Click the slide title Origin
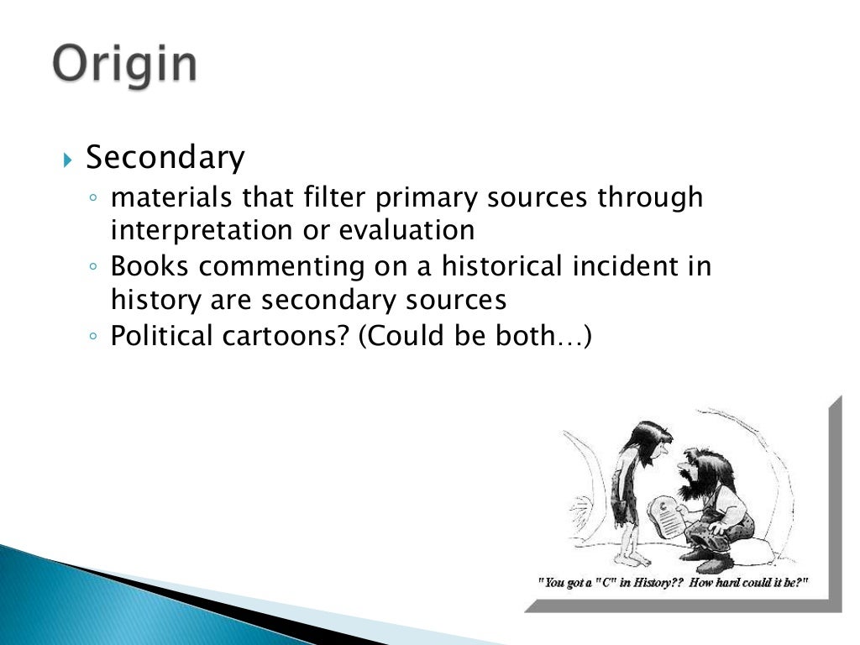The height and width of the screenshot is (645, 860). [x=125, y=64]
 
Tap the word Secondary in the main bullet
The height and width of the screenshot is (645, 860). [x=165, y=157]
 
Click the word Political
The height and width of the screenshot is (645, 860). [x=162, y=336]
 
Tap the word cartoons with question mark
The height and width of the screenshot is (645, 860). [x=286, y=336]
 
